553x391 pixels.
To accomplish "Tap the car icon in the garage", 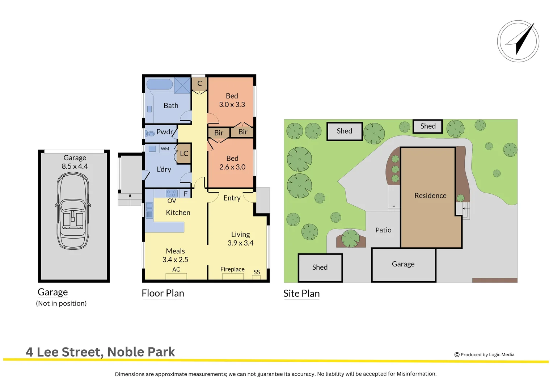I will click(x=73, y=211).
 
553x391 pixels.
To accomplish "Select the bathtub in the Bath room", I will click(x=159, y=84).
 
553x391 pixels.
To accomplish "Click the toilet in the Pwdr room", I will click(x=150, y=134).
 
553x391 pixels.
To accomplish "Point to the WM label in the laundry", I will click(x=165, y=149).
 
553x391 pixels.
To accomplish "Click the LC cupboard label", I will click(x=184, y=154).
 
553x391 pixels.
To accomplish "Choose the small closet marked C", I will click(x=199, y=84).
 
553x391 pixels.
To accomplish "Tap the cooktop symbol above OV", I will click(x=172, y=193).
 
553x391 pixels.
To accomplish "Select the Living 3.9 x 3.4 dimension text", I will click(x=240, y=243).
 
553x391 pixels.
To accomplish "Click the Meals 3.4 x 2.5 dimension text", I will click(x=175, y=260).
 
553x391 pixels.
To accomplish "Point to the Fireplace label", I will click(x=232, y=269).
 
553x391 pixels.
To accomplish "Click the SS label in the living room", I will click(x=257, y=272).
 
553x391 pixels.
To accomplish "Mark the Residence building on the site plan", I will click(x=430, y=196).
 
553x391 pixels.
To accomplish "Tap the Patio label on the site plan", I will click(x=383, y=230).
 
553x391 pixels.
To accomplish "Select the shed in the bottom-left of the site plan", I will click(x=320, y=268).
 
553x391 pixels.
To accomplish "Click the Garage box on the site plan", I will click(x=403, y=264).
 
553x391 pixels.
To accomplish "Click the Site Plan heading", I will click(x=301, y=294).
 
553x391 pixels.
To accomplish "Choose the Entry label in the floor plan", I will click(x=232, y=198).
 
